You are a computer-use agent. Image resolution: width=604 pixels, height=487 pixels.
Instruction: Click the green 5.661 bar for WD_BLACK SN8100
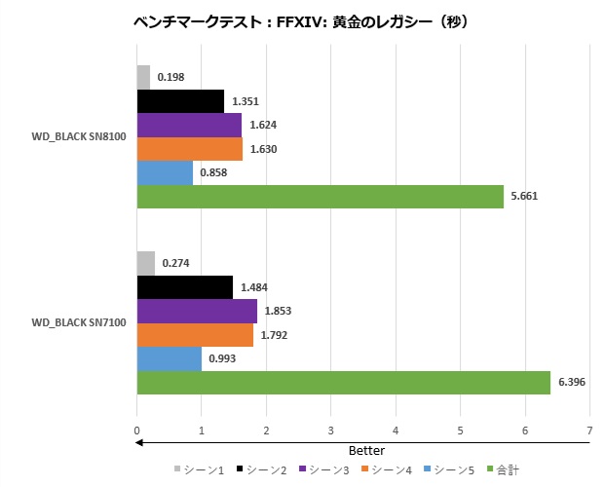pyautogui.click(x=320, y=196)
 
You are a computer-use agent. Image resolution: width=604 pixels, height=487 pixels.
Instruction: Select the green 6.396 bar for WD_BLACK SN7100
pyautogui.click(x=343, y=383)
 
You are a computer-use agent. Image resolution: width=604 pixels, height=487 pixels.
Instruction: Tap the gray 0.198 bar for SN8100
pyautogui.click(x=143, y=77)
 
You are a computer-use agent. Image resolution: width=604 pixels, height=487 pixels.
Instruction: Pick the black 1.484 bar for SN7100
pyautogui.click(x=185, y=287)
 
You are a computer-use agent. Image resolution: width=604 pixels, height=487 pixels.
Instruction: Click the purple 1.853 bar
pyautogui.click(x=197, y=311)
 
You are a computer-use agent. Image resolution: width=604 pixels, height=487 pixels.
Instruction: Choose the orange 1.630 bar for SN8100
pyautogui.click(x=189, y=149)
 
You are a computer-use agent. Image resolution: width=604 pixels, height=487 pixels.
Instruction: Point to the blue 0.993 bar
pyautogui.click(x=169, y=358)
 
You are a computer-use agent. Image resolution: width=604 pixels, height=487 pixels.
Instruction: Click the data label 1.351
pyautogui.click(x=245, y=101)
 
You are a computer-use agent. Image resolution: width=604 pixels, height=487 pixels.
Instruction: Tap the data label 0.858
pyautogui.click(x=213, y=172)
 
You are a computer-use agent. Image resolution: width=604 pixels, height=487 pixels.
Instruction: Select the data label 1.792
pyautogui.click(x=273, y=335)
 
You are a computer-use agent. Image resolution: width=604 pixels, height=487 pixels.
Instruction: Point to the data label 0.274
pyautogui.click(x=176, y=263)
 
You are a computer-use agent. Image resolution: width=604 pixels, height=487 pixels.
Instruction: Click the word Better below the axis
pyautogui.click(x=366, y=451)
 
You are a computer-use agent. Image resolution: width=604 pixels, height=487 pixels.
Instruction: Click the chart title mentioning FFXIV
pyautogui.click(x=301, y=20)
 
